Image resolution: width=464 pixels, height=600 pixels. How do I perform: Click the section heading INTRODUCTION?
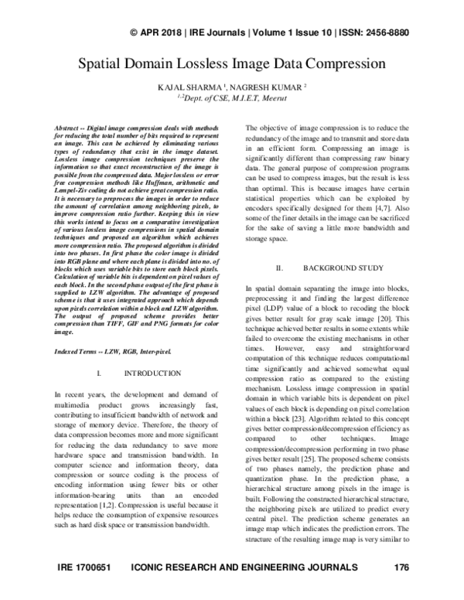point(152,373)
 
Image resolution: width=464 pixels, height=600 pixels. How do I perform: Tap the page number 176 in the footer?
point(401,590)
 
